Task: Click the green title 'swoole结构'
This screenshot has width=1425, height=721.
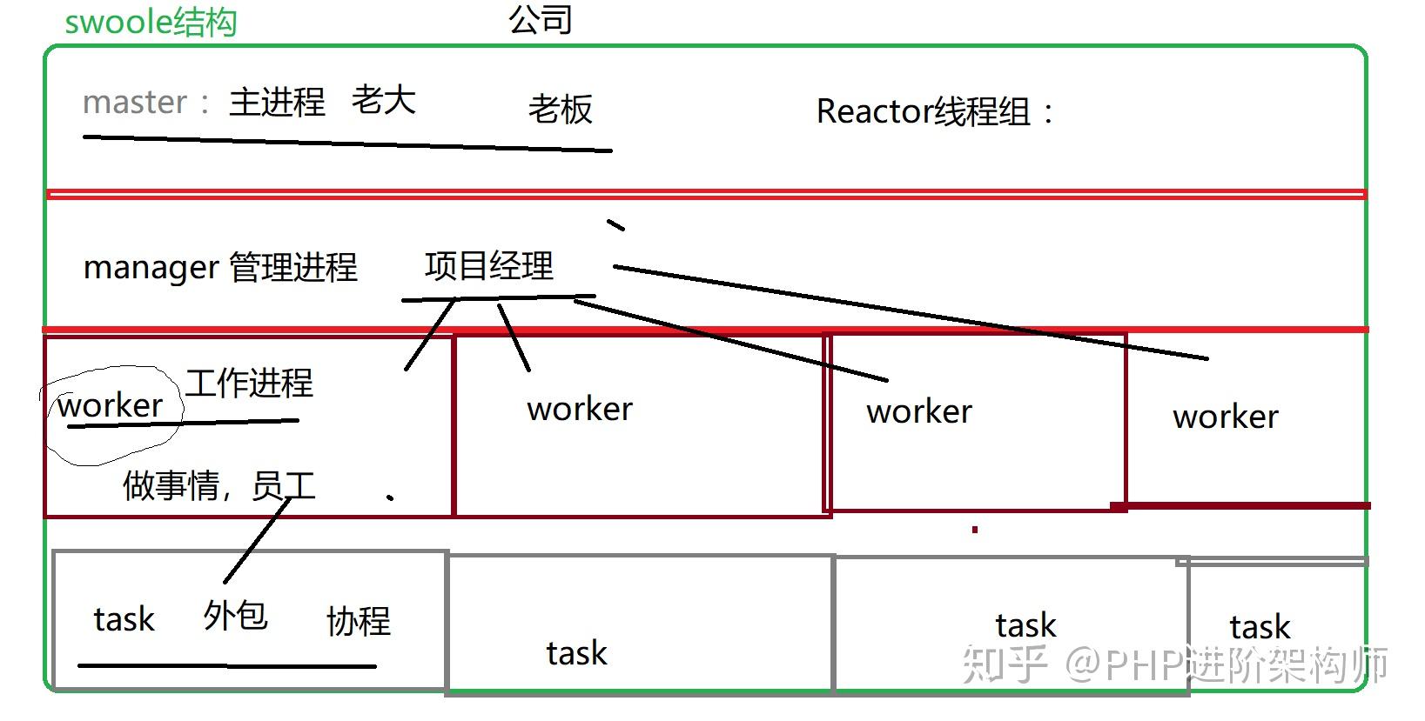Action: click(151, 22)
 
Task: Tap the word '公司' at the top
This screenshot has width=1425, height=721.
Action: click(540, 19)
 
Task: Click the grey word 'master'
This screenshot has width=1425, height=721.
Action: click(134, 103)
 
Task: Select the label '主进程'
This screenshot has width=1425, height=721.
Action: click(277, 103)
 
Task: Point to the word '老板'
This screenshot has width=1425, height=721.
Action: click(560, 110)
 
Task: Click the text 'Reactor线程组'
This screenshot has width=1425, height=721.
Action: click(935, 112)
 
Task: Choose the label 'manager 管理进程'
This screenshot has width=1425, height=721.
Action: click(220, 267)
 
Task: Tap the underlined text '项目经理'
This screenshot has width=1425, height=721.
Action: click(488, 266)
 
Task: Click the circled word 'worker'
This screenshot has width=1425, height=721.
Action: click(111, 406)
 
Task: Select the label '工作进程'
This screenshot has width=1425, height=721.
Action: click(249, 383)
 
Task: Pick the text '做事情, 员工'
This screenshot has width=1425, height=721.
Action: click(218, 485)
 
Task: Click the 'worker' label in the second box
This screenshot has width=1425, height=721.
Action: click(580, 410)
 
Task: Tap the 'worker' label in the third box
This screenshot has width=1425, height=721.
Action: click(919, 412)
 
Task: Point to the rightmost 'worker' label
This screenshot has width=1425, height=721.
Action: click(1226, 417)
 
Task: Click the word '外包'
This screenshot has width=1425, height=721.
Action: click(235, 616)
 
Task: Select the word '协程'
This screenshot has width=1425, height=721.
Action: click(359, 621)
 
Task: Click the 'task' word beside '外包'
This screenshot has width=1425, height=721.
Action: click(124, 619)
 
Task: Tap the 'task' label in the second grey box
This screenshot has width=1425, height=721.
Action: click(576, 653)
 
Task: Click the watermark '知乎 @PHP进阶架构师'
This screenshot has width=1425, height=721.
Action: click(1175, 665)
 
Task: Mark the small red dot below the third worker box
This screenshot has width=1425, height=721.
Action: click(975, 529)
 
